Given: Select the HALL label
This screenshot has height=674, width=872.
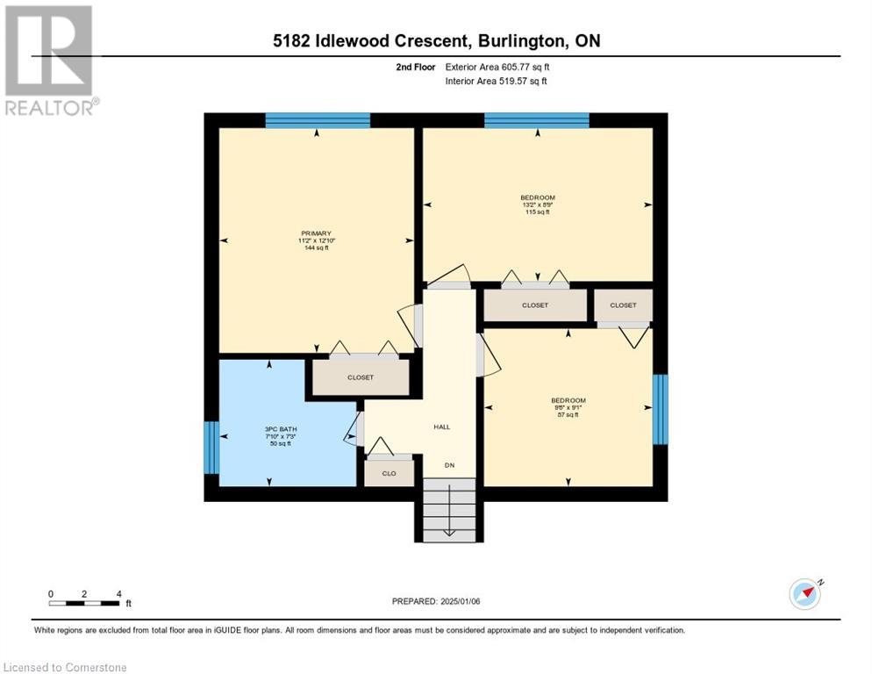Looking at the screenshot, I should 442,427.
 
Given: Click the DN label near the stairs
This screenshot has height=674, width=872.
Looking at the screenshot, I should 449,465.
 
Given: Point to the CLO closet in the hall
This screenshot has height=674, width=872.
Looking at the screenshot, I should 388,472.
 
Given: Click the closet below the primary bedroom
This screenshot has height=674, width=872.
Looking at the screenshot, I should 360,377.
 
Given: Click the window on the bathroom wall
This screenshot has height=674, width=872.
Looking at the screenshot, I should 211,448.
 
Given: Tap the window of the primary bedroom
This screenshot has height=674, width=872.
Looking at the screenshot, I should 317,120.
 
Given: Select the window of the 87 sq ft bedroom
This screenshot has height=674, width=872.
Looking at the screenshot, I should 661,409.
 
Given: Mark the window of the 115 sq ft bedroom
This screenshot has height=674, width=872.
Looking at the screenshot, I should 536,120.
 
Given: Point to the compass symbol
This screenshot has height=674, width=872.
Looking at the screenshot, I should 804,593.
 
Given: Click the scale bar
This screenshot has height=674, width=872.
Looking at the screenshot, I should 84,603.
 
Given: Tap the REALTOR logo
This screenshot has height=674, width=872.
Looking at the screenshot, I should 49,61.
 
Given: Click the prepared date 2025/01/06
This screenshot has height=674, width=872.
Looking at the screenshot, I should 436,601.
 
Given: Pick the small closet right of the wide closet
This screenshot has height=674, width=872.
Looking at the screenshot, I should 623,305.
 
